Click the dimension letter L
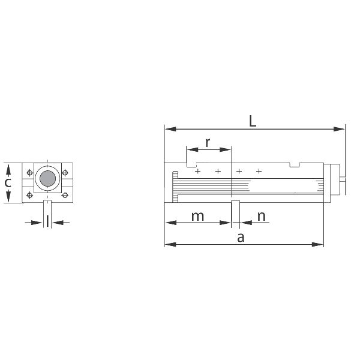253,121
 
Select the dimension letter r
208,143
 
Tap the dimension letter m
197,217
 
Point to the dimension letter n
262,217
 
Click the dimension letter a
241,238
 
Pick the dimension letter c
8,183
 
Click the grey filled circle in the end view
48,178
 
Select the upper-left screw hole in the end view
29,172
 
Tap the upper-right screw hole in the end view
65,172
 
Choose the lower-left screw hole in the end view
29,195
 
